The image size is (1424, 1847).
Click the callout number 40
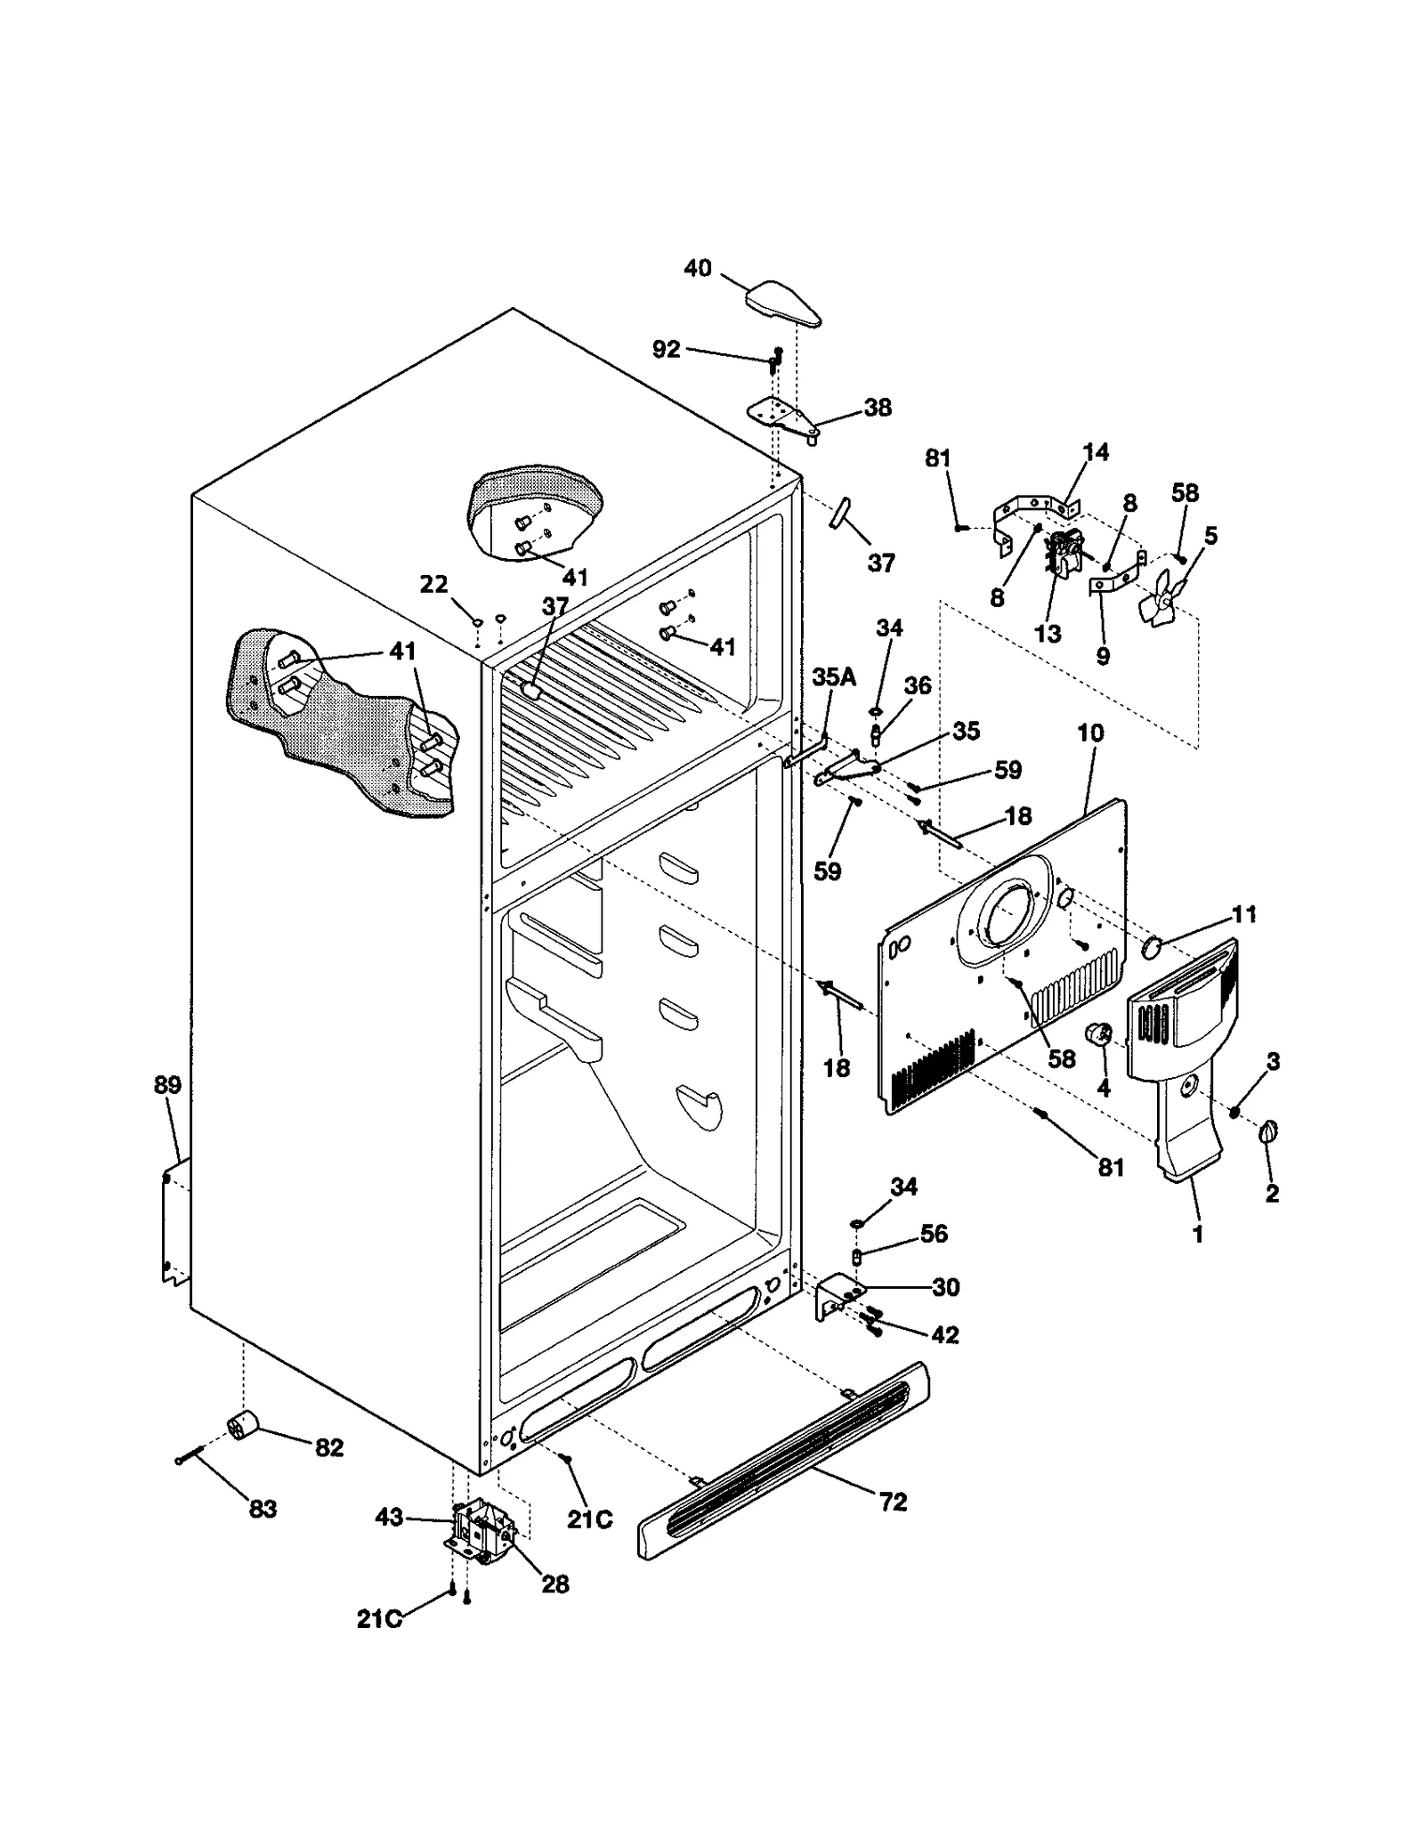(x=698, y=267)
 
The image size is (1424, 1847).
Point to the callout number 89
(x=167, y=1085)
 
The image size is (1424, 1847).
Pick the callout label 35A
(x=834, y=677)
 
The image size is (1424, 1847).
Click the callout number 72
(x=893, y=1502)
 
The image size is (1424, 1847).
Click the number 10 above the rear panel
(x=1090, y=733)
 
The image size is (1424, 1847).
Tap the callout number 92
(x=666, y=349)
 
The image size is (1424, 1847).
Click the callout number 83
(x=263, y=1509)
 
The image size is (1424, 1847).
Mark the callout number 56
(x=934, y=1234)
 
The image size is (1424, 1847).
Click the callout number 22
(x=433, y=585)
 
